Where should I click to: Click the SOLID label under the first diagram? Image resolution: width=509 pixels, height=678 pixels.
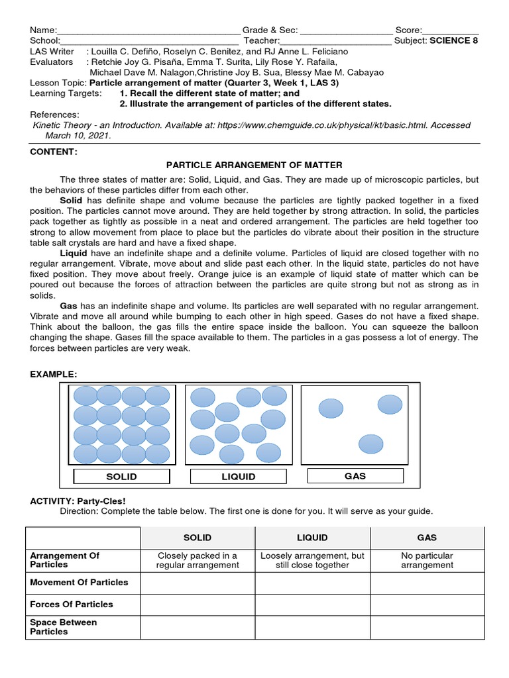click(121, 477)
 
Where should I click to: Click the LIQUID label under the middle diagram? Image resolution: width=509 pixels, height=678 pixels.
click(238, 477)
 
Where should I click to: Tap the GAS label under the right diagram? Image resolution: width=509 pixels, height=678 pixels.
click(355, 475)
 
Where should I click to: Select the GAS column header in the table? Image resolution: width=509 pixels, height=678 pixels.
click(427, 538)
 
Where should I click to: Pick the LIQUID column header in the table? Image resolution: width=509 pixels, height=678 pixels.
click(312, 538)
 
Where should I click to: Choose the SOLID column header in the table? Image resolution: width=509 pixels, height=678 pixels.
click(198, 538)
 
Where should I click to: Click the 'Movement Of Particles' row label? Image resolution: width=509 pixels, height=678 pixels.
click(80, 583)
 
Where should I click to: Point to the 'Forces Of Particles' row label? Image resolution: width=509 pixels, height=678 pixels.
click(72, 604)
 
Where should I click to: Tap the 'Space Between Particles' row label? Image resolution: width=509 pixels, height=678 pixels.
click(64, 627)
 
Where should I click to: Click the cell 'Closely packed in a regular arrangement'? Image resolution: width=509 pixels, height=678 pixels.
click(198, 560)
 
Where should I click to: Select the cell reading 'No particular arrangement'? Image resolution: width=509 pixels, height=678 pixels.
click(427, 560)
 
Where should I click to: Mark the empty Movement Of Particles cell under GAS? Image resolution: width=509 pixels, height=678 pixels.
click(427, 583)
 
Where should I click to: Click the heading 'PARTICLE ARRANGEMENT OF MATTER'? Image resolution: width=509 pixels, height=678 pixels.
click(254, 165)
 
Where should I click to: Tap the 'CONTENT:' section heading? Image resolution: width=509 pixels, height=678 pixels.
click(54, 152)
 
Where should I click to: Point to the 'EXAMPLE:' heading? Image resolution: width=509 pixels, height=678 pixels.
click(54, 374)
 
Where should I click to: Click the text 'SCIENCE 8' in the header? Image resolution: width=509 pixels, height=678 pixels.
click(454, 40)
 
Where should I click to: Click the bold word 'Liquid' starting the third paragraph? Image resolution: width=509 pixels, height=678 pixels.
click(74, 254)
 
